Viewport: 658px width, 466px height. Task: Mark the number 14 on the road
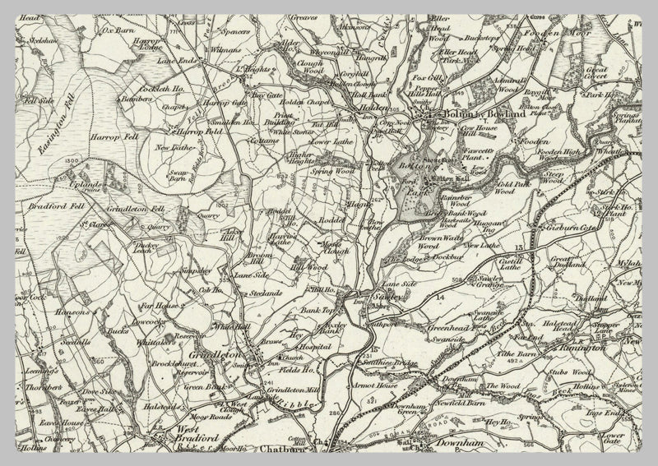point(440,295)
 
